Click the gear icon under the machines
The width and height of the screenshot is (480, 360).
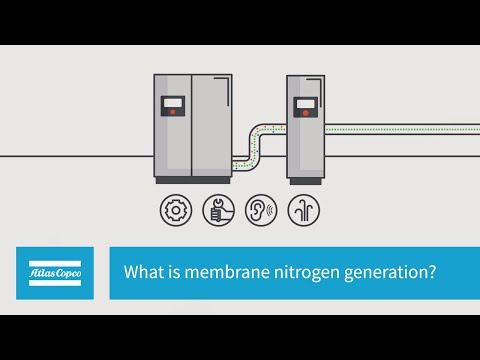(176, 210)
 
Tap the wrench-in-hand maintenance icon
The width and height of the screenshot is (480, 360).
(217, 210)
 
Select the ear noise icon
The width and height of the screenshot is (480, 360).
(259, 210)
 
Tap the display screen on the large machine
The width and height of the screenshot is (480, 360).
(174, 101)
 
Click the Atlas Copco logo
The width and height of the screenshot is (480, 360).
(54, 273)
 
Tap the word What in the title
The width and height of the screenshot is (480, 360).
(141, 273)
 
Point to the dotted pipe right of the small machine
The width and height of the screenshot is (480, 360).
(400, 129)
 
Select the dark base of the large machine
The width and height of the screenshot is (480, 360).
(192, 180)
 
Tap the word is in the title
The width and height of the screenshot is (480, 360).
(169, 273)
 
